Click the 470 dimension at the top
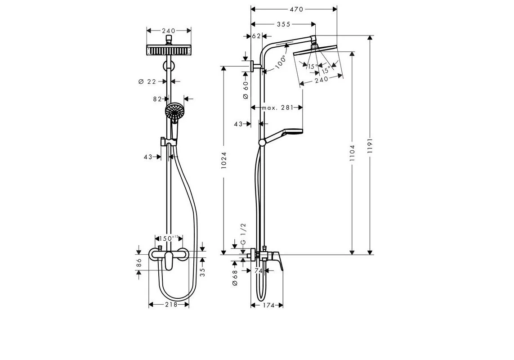point(296,9)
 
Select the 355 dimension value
point(284,24)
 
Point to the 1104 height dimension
point(353,153)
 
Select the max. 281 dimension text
point(277,108)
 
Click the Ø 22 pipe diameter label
point(147,81)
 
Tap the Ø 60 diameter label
point(246,90)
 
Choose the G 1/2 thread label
point(243,234)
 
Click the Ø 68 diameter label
point(235,278)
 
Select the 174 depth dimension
point(268,305)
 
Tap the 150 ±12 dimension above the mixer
point(169,238)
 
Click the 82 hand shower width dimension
point(157,99)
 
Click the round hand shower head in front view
point(174,111)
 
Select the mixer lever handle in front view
point(168,261)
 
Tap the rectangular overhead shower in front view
point(169,50)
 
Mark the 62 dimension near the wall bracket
point(257,36)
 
